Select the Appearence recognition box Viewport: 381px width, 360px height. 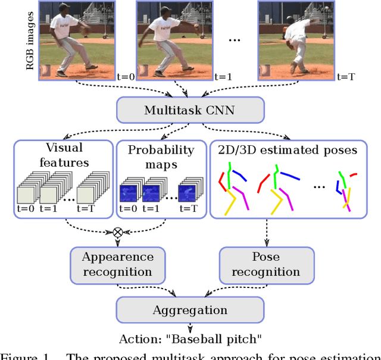[x=117, y=264]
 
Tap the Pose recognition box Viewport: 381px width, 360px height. [x=266, y=264]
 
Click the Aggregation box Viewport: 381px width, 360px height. [x=190, y=310]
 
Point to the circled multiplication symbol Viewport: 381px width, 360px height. [x=117, y=231]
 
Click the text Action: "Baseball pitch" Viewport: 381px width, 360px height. [x=190, y=340]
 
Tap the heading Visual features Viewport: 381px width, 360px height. [x=64, y=155]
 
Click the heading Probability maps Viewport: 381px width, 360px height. [x=160, y=156]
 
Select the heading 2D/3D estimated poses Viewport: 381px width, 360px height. [x=284, y=150]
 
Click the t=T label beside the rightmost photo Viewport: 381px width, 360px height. [x=346, y=77]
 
